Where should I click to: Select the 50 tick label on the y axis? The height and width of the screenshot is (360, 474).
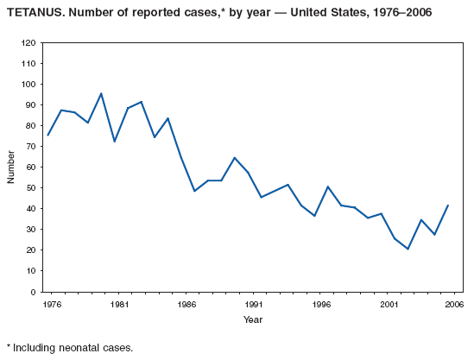tap(30, 187)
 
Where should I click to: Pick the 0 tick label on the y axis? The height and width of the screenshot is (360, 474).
tap(33, 292)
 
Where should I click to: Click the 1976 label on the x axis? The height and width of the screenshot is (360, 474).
tap(47, 305)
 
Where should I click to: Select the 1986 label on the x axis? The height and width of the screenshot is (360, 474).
tap(185, 305)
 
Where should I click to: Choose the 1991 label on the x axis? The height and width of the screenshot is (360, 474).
tap(254, 305)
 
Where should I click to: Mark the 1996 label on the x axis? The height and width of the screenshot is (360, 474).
tap(322, 305)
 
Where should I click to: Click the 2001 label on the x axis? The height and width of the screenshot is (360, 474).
tap(391, 305)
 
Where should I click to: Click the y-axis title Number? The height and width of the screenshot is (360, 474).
tap(11, 167)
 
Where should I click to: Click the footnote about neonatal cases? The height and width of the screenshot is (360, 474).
tap(70, 348)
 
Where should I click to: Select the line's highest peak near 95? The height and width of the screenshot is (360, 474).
tap(101, 93)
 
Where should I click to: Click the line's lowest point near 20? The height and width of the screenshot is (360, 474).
tap(408, 249)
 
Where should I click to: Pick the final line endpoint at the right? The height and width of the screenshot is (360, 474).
tap(449, 205)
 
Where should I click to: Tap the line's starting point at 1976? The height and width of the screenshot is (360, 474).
tap(47, 135)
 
